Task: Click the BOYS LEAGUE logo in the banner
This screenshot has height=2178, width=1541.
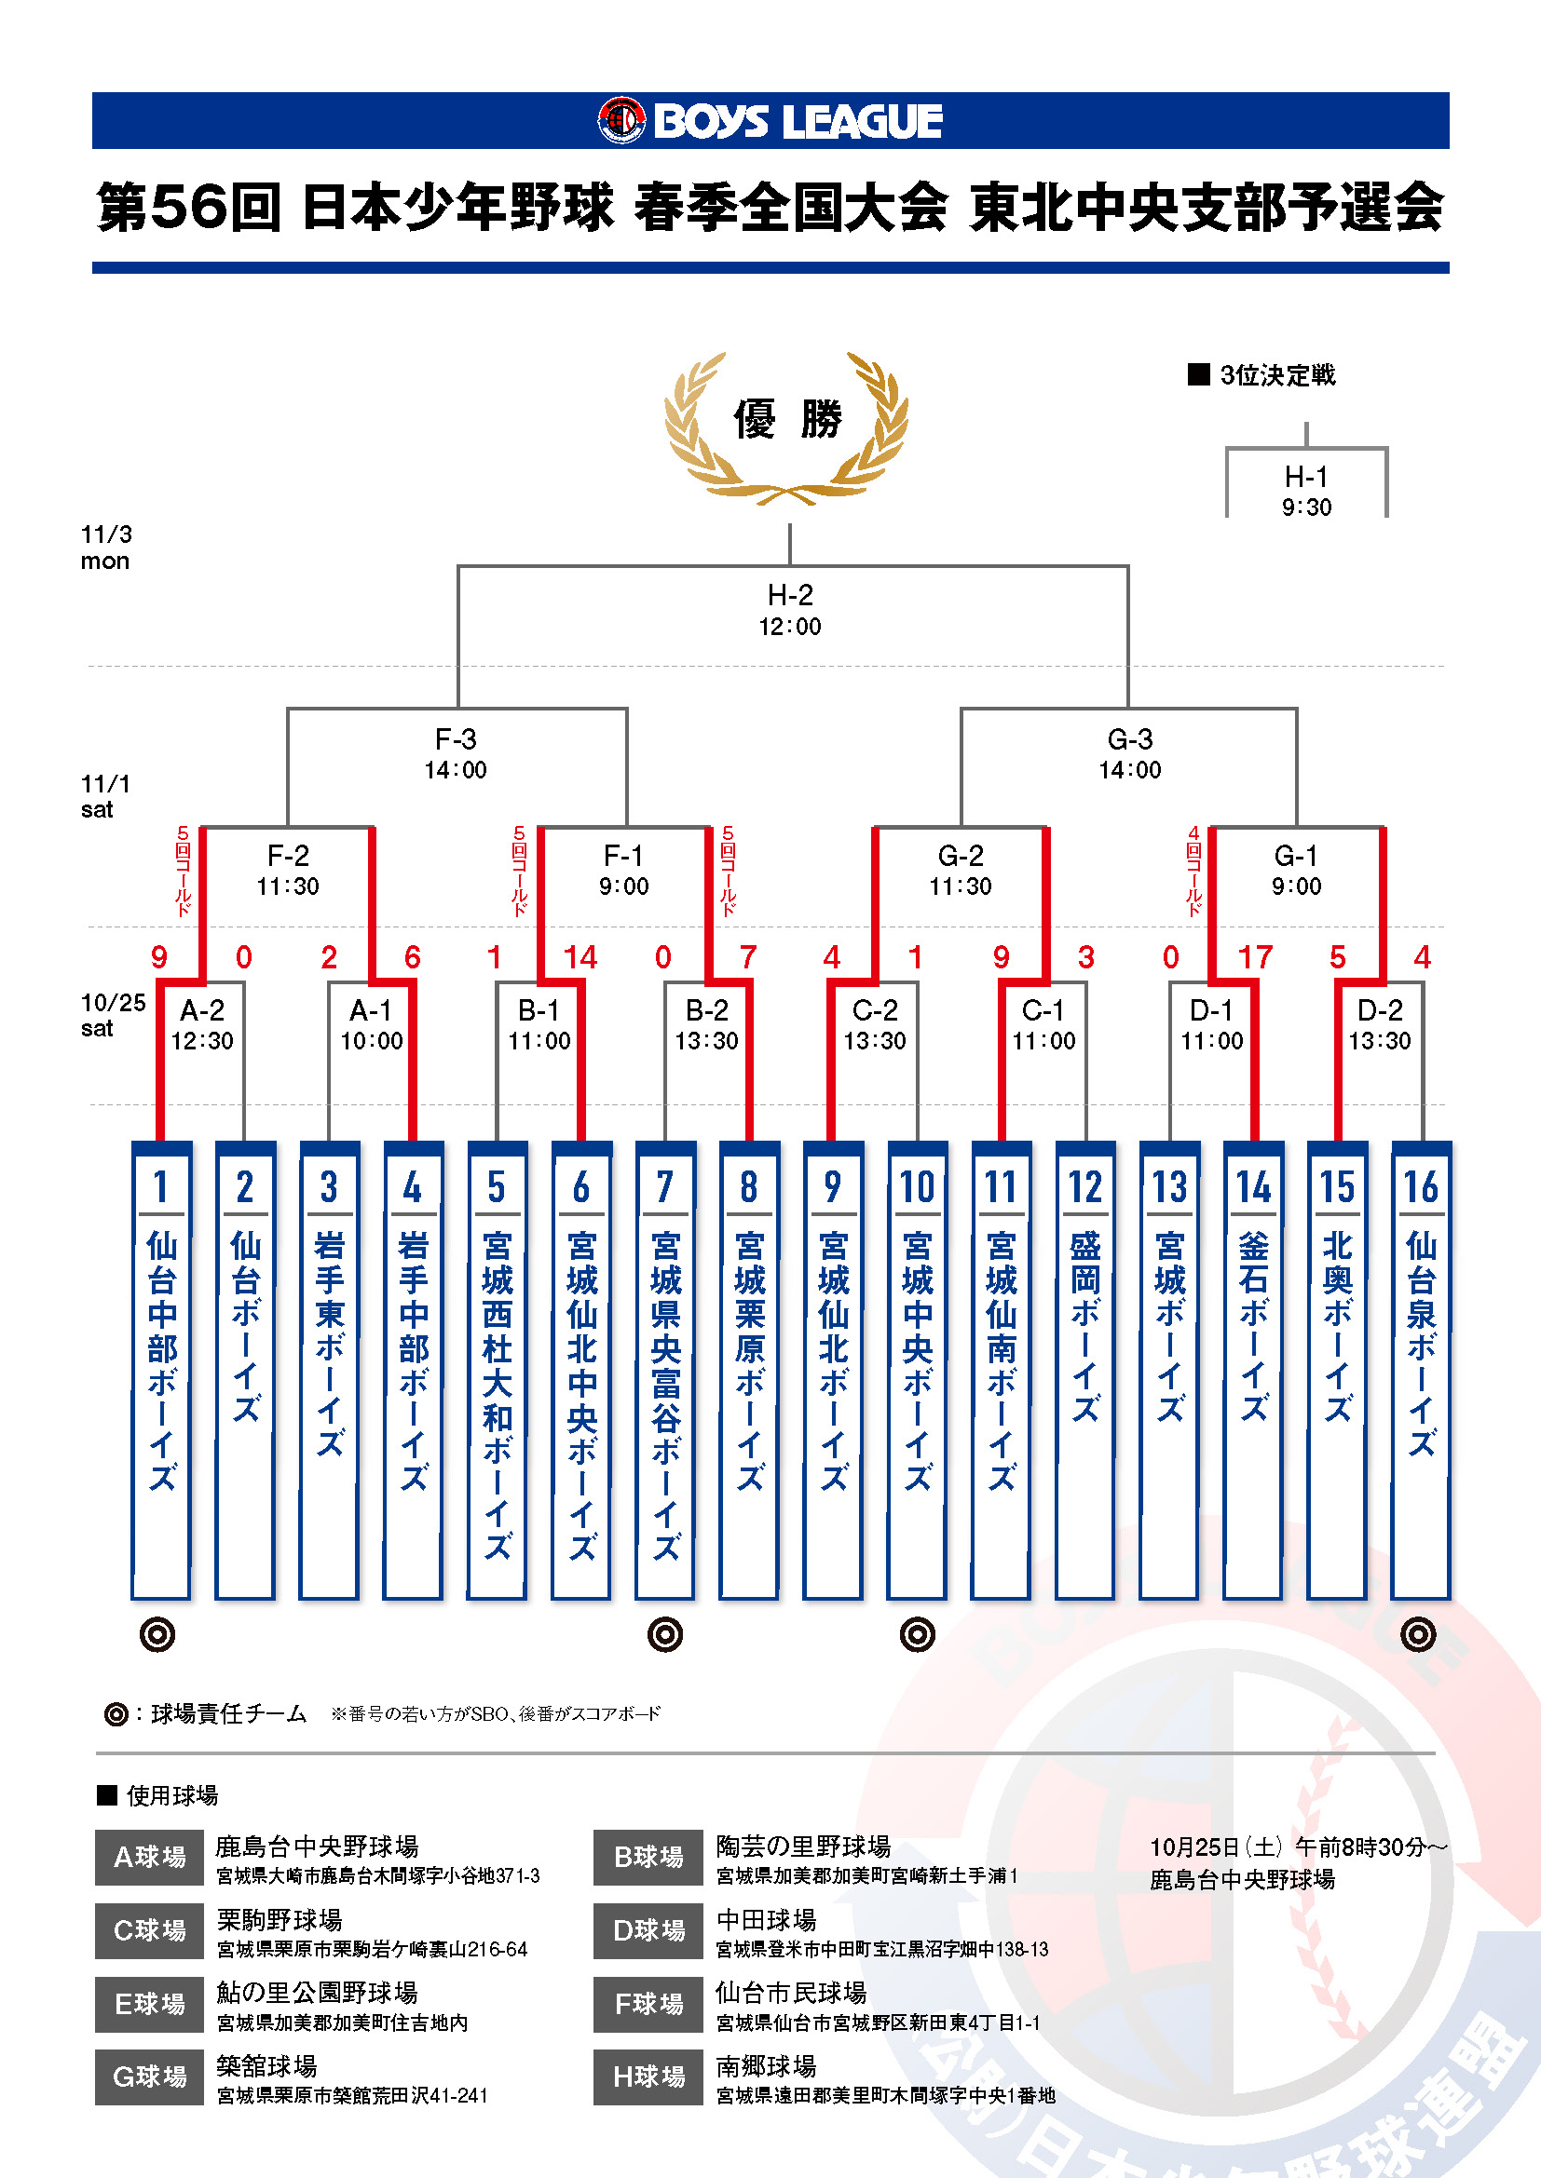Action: pos(770,120)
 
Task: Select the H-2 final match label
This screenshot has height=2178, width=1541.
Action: pos(789,609)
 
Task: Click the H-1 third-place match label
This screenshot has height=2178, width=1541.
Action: pos(1306,491)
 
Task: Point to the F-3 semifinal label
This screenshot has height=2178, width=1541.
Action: pos(456,753)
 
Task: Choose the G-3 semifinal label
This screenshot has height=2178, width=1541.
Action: pos(1129,753)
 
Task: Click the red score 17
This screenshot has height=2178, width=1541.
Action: pos(1254,957)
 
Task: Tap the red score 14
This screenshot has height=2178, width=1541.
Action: pos(580,957)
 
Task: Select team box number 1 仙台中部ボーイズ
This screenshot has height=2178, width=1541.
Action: pos(161,1370)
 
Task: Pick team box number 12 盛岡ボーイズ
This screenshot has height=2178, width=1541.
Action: pos(1084,1370)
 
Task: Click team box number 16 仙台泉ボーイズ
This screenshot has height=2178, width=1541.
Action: pos(1421,1370)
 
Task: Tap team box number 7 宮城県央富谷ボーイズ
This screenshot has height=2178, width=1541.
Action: pos(665,1370)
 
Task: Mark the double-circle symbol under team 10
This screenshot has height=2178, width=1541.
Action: pos(917,1634)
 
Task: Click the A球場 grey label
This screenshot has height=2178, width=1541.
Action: pos(149,1858)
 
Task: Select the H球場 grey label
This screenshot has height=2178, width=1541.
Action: pos(648,2077)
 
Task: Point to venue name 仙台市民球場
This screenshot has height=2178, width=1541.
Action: pos(790,1992)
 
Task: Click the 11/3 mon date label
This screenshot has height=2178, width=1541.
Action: pos(105,548)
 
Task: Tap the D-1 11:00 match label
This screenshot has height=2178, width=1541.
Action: pos(1211,1024)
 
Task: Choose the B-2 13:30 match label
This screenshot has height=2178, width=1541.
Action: pos(707,1024)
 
